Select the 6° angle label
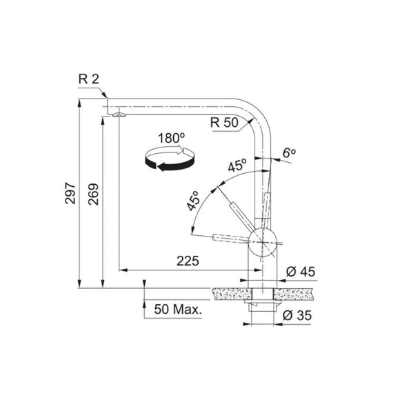coord(290,151)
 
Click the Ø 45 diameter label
coord(299,272)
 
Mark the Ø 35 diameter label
coord(299,315)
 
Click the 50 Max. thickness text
coord(179,310)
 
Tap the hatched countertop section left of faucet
coord(228,293)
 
